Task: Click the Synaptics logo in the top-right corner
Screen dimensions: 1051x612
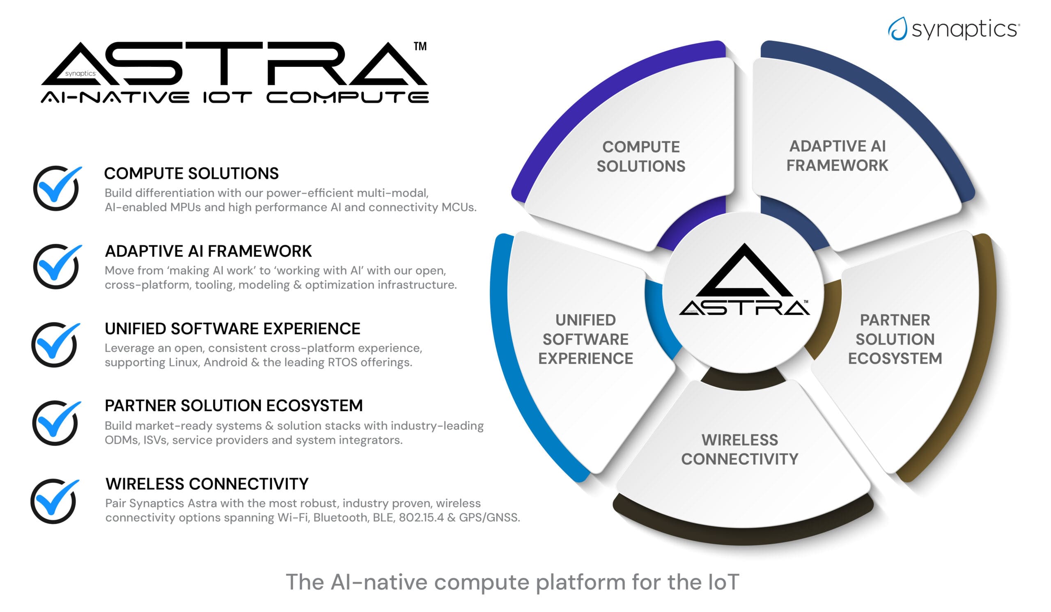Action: (x=953, y=29)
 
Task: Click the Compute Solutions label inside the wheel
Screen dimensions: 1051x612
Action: (x=641, y=156)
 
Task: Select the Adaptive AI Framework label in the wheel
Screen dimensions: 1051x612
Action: (x=838, y=156)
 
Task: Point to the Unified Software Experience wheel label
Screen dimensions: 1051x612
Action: (x=585, y=339)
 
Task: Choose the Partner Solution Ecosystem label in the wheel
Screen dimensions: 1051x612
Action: (x=895, y=339)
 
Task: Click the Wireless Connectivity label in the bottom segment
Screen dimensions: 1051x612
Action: (x=740, y=449)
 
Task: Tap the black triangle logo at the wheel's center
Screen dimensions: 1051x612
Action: (x=744, y=271)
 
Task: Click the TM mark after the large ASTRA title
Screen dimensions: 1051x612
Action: (x=420, y=46)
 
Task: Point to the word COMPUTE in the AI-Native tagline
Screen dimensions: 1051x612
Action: (x=348, y=98)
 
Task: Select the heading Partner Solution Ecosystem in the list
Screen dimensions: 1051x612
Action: (x=234, y=406)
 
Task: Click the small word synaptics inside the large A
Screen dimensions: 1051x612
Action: (x=80, y=73)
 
